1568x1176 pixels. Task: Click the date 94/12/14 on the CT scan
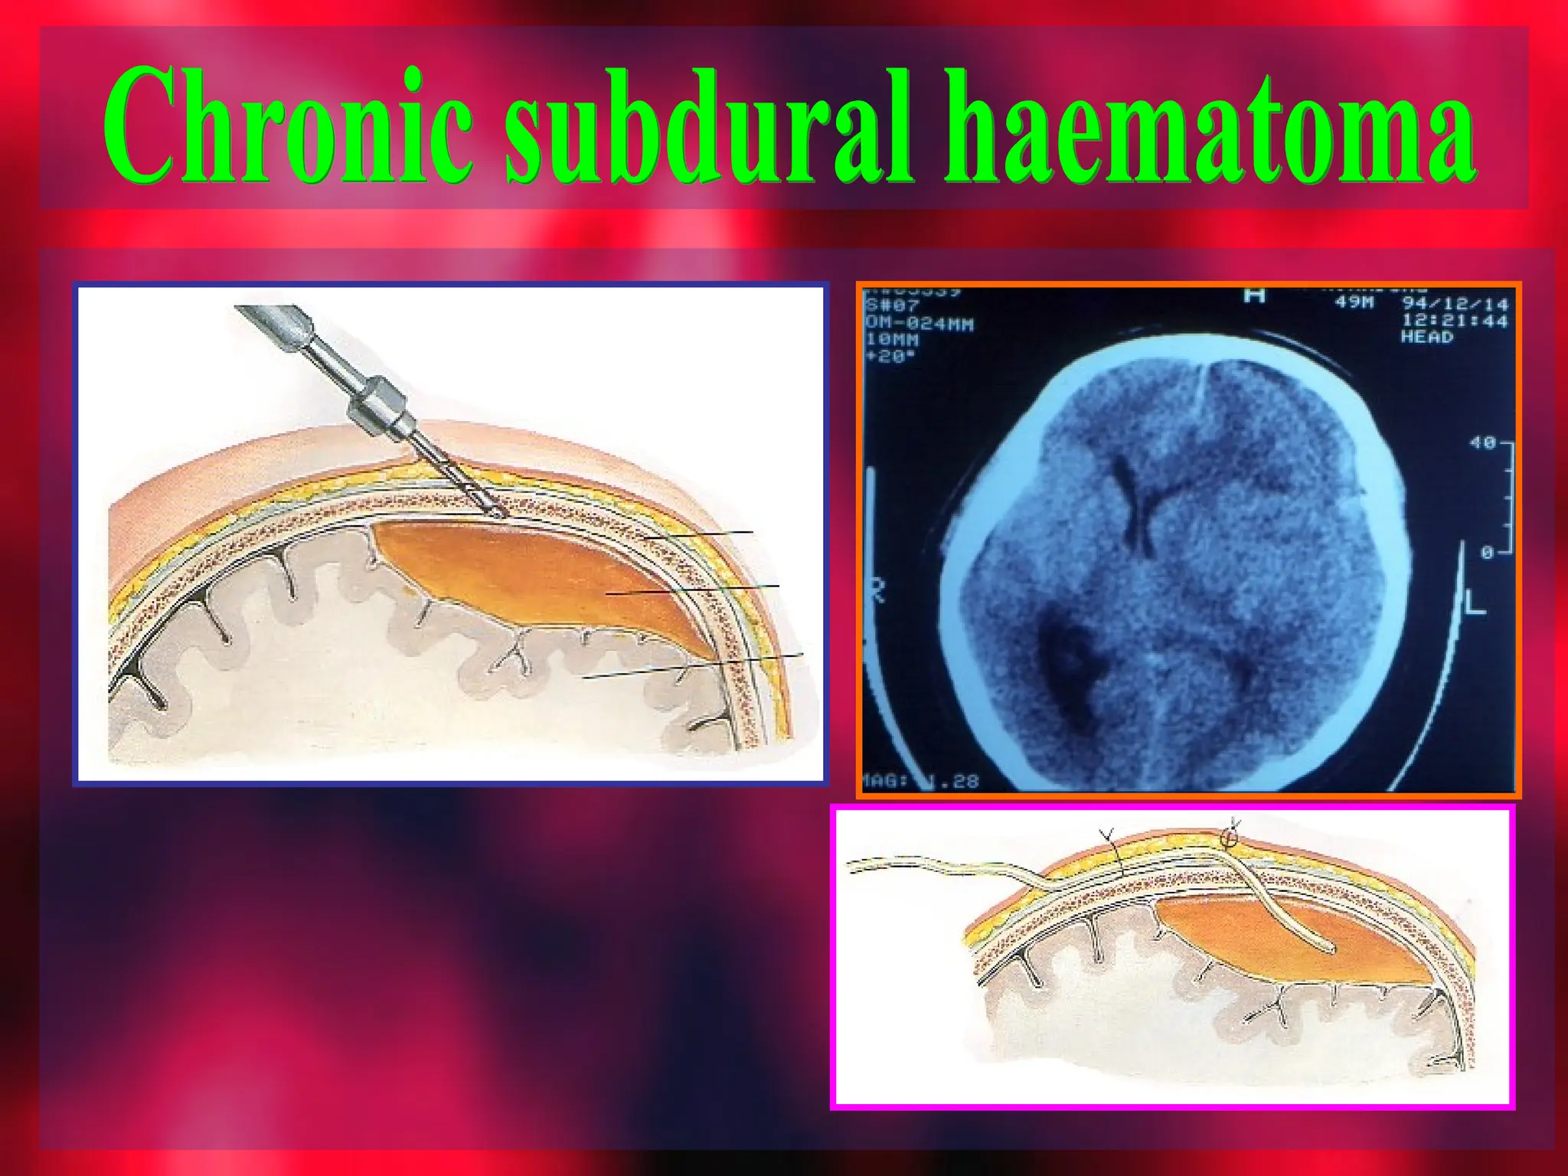pos(1454,304)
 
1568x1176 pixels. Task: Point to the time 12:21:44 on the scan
pos(1454,321)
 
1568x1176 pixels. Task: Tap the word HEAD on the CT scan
pos(1426,338)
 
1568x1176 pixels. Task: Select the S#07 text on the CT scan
pos(892,305)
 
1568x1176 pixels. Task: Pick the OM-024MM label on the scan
pos(919,323)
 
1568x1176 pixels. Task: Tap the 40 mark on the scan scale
pos(1482,443)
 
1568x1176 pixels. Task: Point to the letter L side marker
pos(1475,605)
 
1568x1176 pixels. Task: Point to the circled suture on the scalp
pos(1230,838)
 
